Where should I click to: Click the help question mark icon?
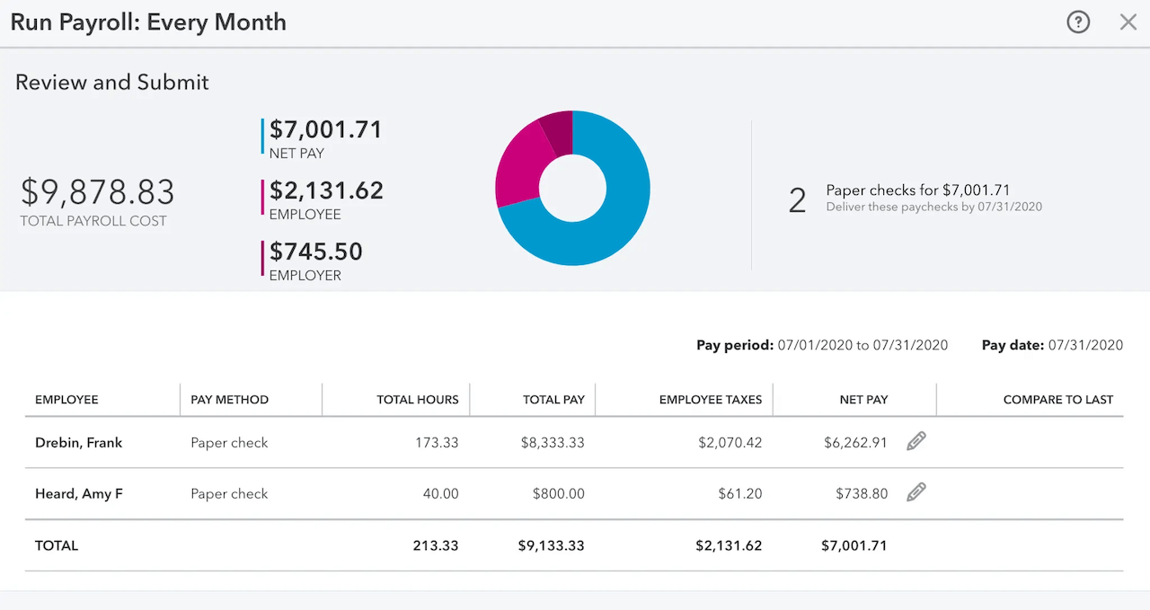[1078, 22]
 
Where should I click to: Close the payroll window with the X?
[1128, 22]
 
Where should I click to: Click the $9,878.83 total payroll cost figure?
[98, 192]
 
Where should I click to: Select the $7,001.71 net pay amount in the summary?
[325, 130]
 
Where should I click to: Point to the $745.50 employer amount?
[315, 252]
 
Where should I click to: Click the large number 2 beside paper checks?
[797, 200]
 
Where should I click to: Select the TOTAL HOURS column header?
[417, 400]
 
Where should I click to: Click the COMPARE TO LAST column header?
[1057, 400]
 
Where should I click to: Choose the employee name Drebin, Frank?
[78, 443]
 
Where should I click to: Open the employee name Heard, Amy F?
[78, 494]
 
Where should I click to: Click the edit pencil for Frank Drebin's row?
[916, 441]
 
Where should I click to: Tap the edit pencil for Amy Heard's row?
[916, 492]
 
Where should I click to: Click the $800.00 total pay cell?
[558, 494]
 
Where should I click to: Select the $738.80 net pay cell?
[861, 494]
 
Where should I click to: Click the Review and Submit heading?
[112, 83]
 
